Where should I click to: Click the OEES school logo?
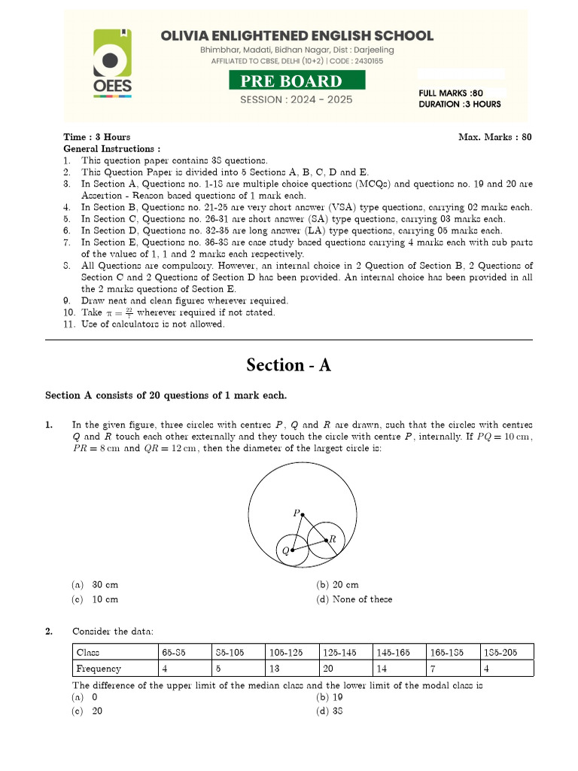pyautogui.click(x=113, y=64)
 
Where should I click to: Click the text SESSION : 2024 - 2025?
pyautogui.click(x=296, y=100)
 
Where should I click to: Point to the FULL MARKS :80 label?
pyautogui.click(x=451, y=93)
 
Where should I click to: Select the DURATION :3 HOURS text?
pyautogui.click(x=459, y=105)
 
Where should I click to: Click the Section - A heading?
pyautogui.click(x=289, y=365)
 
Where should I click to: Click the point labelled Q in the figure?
pyautogui.click(x=292, y=550)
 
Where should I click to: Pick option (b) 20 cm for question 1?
pyautogui.click(x=338, y=585)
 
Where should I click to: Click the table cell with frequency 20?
pyautogui.click(x=344, y=669)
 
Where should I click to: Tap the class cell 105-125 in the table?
pyautogui.click(x=291, y=652)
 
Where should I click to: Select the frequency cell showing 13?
pyautogui.click(x=291, y=669)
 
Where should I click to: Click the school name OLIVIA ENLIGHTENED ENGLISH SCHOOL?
pyautogui.click(x=296, y=35)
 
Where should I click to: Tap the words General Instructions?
pyautogui.click(x=111, y=149)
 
